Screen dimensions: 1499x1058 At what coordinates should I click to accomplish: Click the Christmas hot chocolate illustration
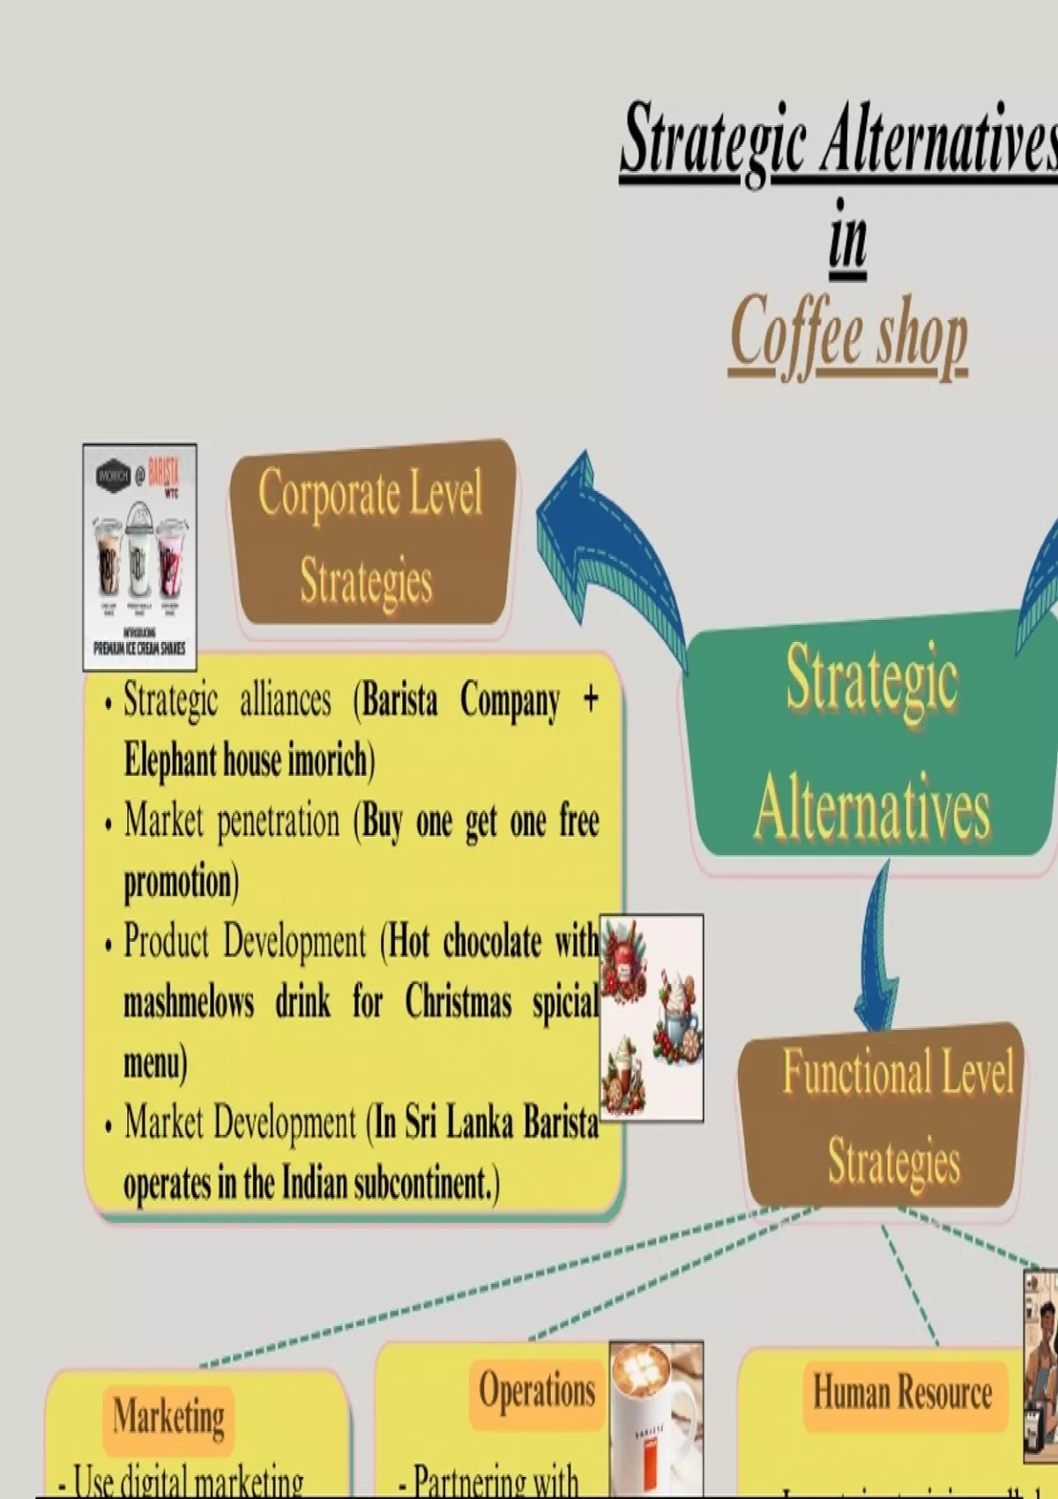[652, 1018]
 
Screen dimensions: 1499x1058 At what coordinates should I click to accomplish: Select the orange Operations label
[537, 1391]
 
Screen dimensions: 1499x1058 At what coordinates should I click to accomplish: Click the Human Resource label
[902, 1393]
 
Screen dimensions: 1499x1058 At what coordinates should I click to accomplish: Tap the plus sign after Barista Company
[591, 699]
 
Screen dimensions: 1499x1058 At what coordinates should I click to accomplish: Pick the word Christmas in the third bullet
[458, 1003]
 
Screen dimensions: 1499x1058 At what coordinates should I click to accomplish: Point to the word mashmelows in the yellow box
[189, 1003]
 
